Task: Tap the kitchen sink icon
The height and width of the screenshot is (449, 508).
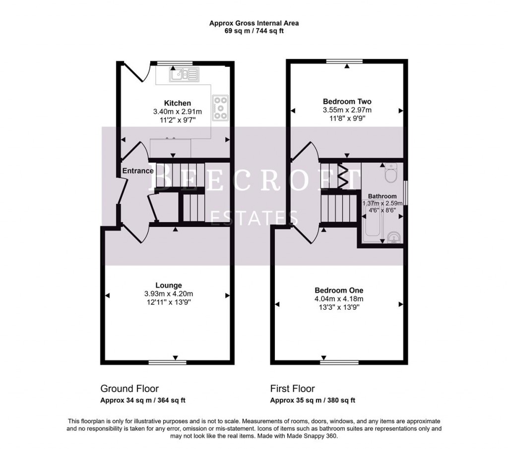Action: (183, 74)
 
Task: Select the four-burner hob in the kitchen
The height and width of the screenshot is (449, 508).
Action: (219, 108)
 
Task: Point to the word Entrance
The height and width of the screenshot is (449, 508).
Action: (138, 171)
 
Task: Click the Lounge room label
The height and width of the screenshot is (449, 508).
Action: (168, 285)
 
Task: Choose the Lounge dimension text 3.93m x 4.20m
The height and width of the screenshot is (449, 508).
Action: (168, 294)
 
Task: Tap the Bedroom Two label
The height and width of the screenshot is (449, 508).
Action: (347, 101)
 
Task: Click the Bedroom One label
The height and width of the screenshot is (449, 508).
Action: (339, 290)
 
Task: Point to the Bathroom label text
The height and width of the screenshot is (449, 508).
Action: (382, 196)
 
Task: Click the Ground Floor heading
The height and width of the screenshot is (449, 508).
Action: (129, 389)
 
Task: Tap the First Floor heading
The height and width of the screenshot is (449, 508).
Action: (292, 389)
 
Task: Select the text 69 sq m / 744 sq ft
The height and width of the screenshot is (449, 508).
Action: (254, 31)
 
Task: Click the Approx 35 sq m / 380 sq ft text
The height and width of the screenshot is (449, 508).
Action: (312, 400)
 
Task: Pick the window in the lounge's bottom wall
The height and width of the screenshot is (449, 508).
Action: (168, 362)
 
